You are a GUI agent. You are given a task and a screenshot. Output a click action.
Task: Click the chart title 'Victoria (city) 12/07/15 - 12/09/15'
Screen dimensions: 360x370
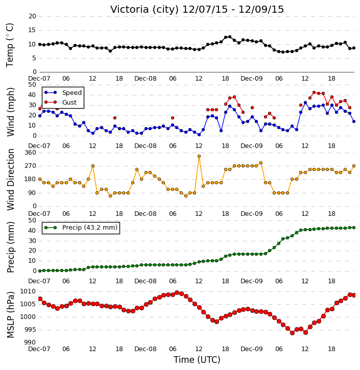[x=197, y=10]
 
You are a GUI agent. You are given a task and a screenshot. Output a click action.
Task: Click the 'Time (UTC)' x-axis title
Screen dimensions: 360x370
[x=197, y=360]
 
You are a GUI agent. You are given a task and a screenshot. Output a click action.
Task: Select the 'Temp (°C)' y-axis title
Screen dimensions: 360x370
[x=10, y=45]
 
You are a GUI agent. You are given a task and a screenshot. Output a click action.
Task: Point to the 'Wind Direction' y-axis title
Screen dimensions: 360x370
[x=10, y=180]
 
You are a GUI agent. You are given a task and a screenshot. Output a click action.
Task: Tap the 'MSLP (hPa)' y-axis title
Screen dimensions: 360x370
[x=10, y=315]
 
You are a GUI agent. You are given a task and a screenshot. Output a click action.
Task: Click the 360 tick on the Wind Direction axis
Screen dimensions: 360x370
[x=31, y=153]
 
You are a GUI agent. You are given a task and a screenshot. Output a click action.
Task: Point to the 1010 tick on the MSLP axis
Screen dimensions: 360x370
[x=28, y=291]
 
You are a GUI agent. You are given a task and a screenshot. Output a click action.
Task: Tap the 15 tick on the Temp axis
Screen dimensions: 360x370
[x=32, y=30]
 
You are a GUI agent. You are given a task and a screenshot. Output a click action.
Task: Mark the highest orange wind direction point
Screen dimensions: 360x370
[x=199, y=156]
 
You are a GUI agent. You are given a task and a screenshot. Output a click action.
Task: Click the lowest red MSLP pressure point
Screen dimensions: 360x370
[x=292, y=333]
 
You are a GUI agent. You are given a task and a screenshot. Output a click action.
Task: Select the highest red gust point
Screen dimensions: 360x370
[x=314, y=92]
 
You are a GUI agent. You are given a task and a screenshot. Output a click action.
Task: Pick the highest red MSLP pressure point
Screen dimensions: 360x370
[x=177, y=293]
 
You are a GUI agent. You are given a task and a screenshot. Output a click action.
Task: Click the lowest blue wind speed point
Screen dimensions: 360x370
[x=199, y=135]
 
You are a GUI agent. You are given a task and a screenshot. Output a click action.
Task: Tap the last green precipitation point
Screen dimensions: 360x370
[x=354, y=228]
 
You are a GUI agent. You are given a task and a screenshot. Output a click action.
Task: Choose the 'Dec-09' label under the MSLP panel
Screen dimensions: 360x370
[x=252, y=349]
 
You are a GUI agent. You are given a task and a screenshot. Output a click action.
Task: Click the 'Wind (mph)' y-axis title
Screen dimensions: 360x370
[x=10, y=112]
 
